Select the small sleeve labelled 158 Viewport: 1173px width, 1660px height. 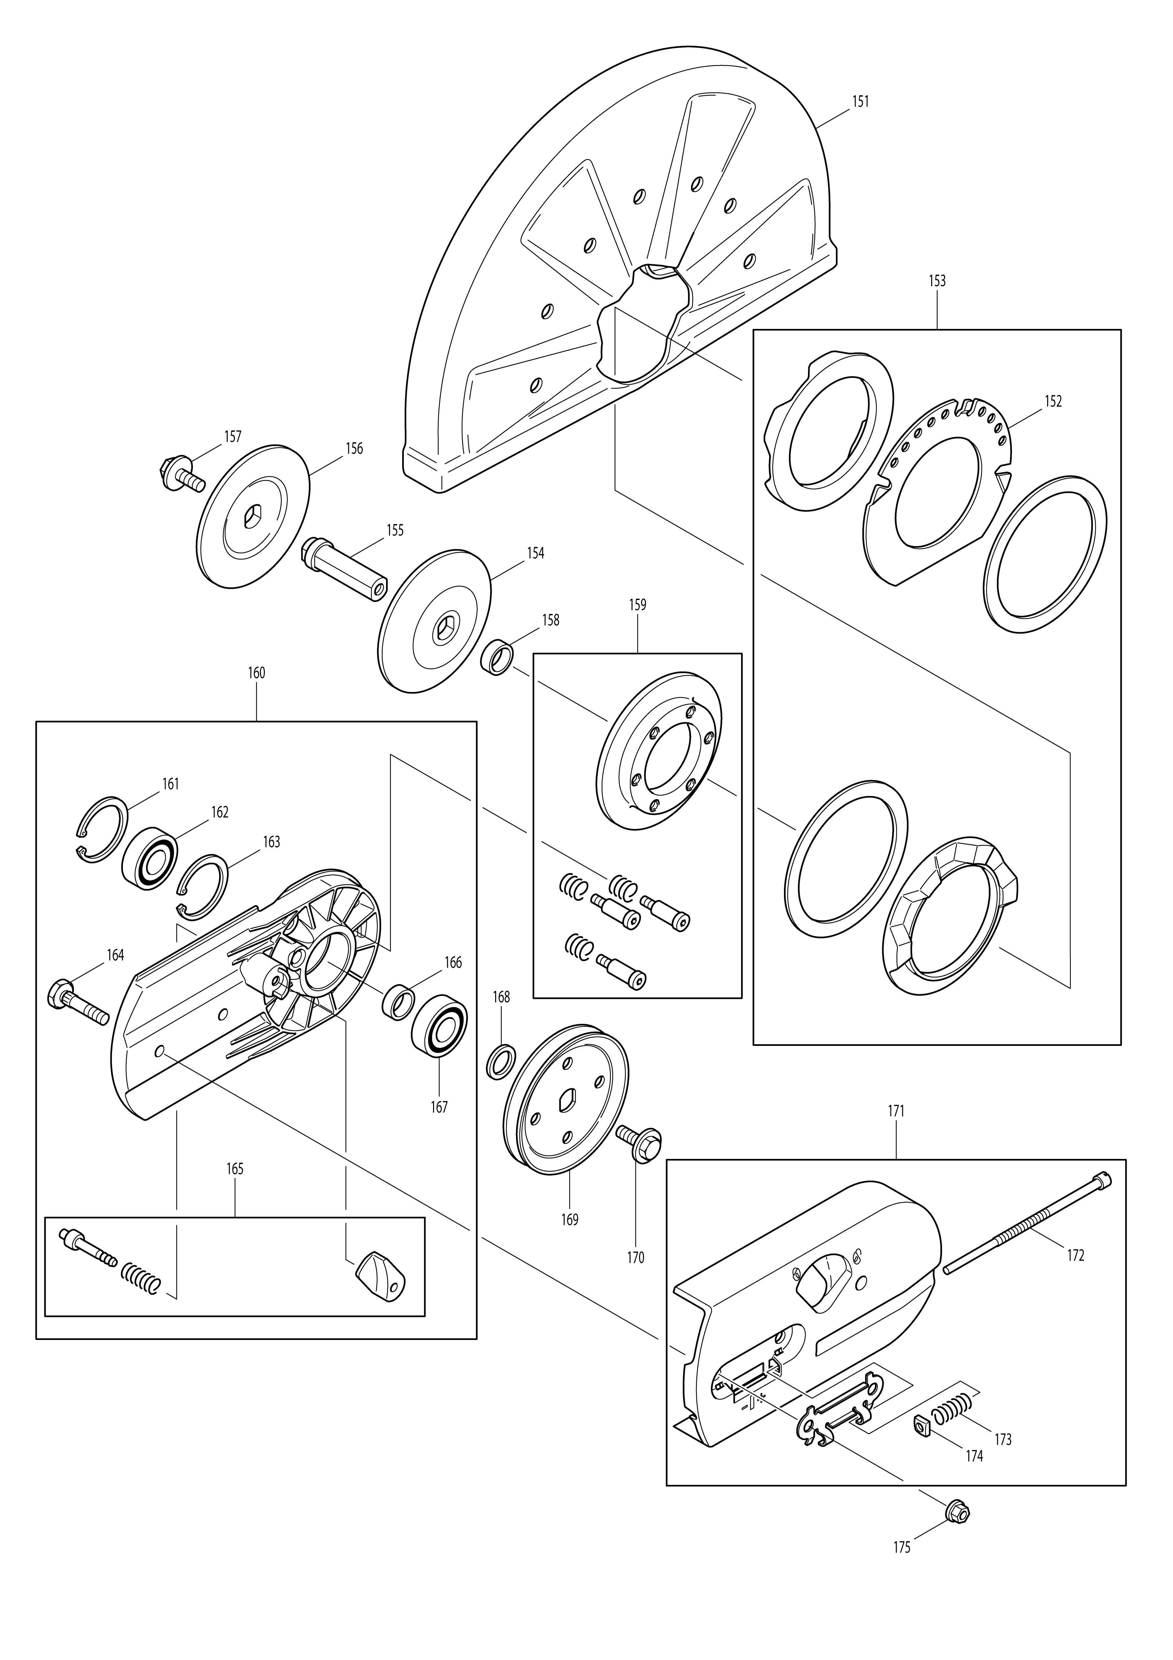(x=497, y=656)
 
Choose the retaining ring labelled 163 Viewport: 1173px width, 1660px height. (x=202, y=885)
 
